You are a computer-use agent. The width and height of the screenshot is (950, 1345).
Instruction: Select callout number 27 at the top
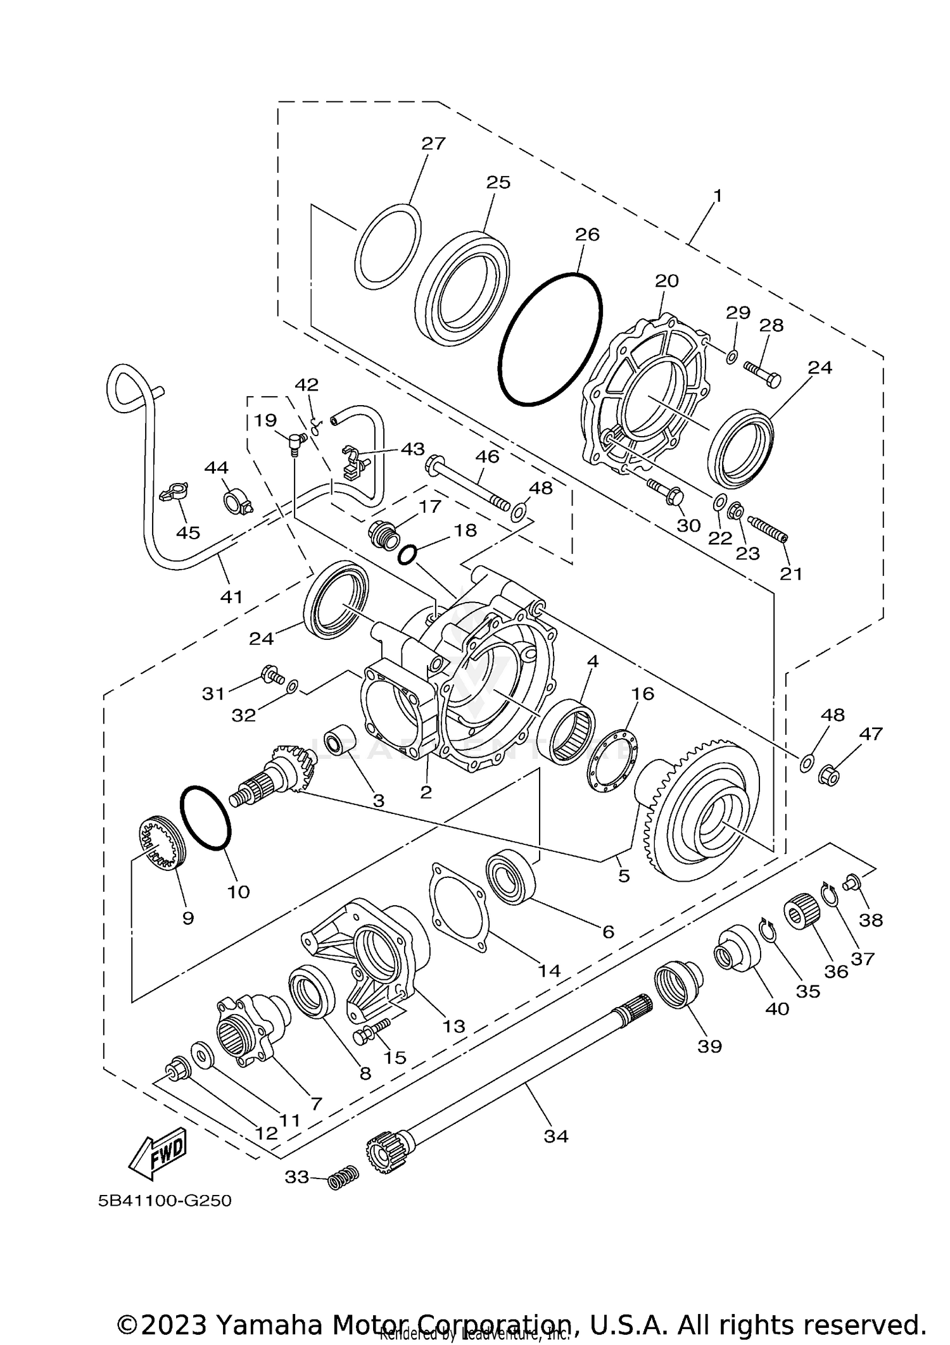point(434,144)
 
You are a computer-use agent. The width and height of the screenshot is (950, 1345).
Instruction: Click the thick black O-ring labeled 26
point(550,339)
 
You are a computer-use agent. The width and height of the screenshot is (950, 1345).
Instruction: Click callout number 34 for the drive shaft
point(556,1135)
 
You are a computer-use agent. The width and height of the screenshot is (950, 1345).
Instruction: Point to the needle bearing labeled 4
point(573,731)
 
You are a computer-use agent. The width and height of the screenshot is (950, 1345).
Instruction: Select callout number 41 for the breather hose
point(232,596)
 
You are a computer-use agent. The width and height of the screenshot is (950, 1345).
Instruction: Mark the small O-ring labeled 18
point(407,556)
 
